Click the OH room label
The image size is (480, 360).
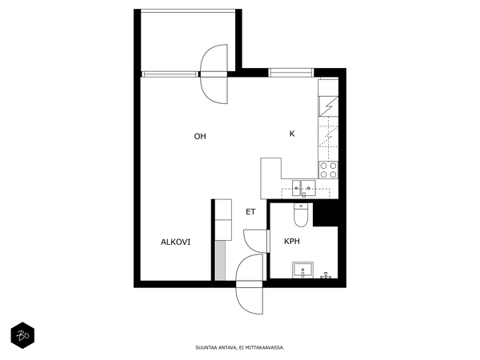pos(200,136)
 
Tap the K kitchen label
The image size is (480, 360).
pos(292,134)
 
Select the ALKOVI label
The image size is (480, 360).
pos(175,242)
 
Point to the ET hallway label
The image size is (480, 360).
pos(250,212)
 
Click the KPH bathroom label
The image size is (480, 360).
pos(292,242)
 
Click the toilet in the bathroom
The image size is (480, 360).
pos(301,214)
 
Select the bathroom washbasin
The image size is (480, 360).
pos(302,270)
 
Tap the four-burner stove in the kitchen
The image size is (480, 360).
pos(328,170)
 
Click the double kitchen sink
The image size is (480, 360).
pos(304,188)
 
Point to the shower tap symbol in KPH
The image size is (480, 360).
pos(326,275)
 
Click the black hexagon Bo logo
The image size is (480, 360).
pos(22,335)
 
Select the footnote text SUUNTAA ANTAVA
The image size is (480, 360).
pos(217,348)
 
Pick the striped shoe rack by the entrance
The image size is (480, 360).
pos(220,260)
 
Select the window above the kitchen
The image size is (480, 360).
pos(291,73)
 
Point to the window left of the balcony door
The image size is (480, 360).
pos(170,74)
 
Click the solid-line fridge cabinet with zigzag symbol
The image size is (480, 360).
pos(329,106)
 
